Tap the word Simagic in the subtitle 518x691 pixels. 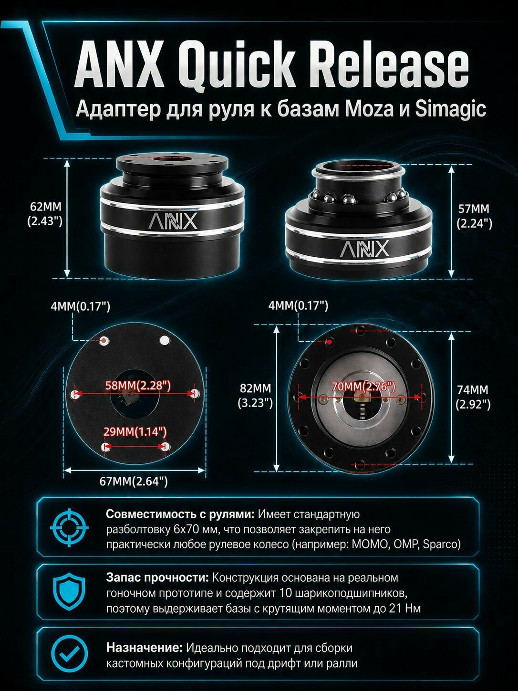(450, 110)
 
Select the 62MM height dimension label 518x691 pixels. (45, 214)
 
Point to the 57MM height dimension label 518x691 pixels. (474, 216)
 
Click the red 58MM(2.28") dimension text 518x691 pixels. (138, 386)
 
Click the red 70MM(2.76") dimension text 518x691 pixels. (363, 387)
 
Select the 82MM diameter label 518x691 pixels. (255, 396)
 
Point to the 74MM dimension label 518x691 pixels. (473, 397)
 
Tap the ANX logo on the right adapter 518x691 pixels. (364, 248)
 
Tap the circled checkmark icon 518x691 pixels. (69, 653)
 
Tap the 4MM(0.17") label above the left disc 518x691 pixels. (81, 306)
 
